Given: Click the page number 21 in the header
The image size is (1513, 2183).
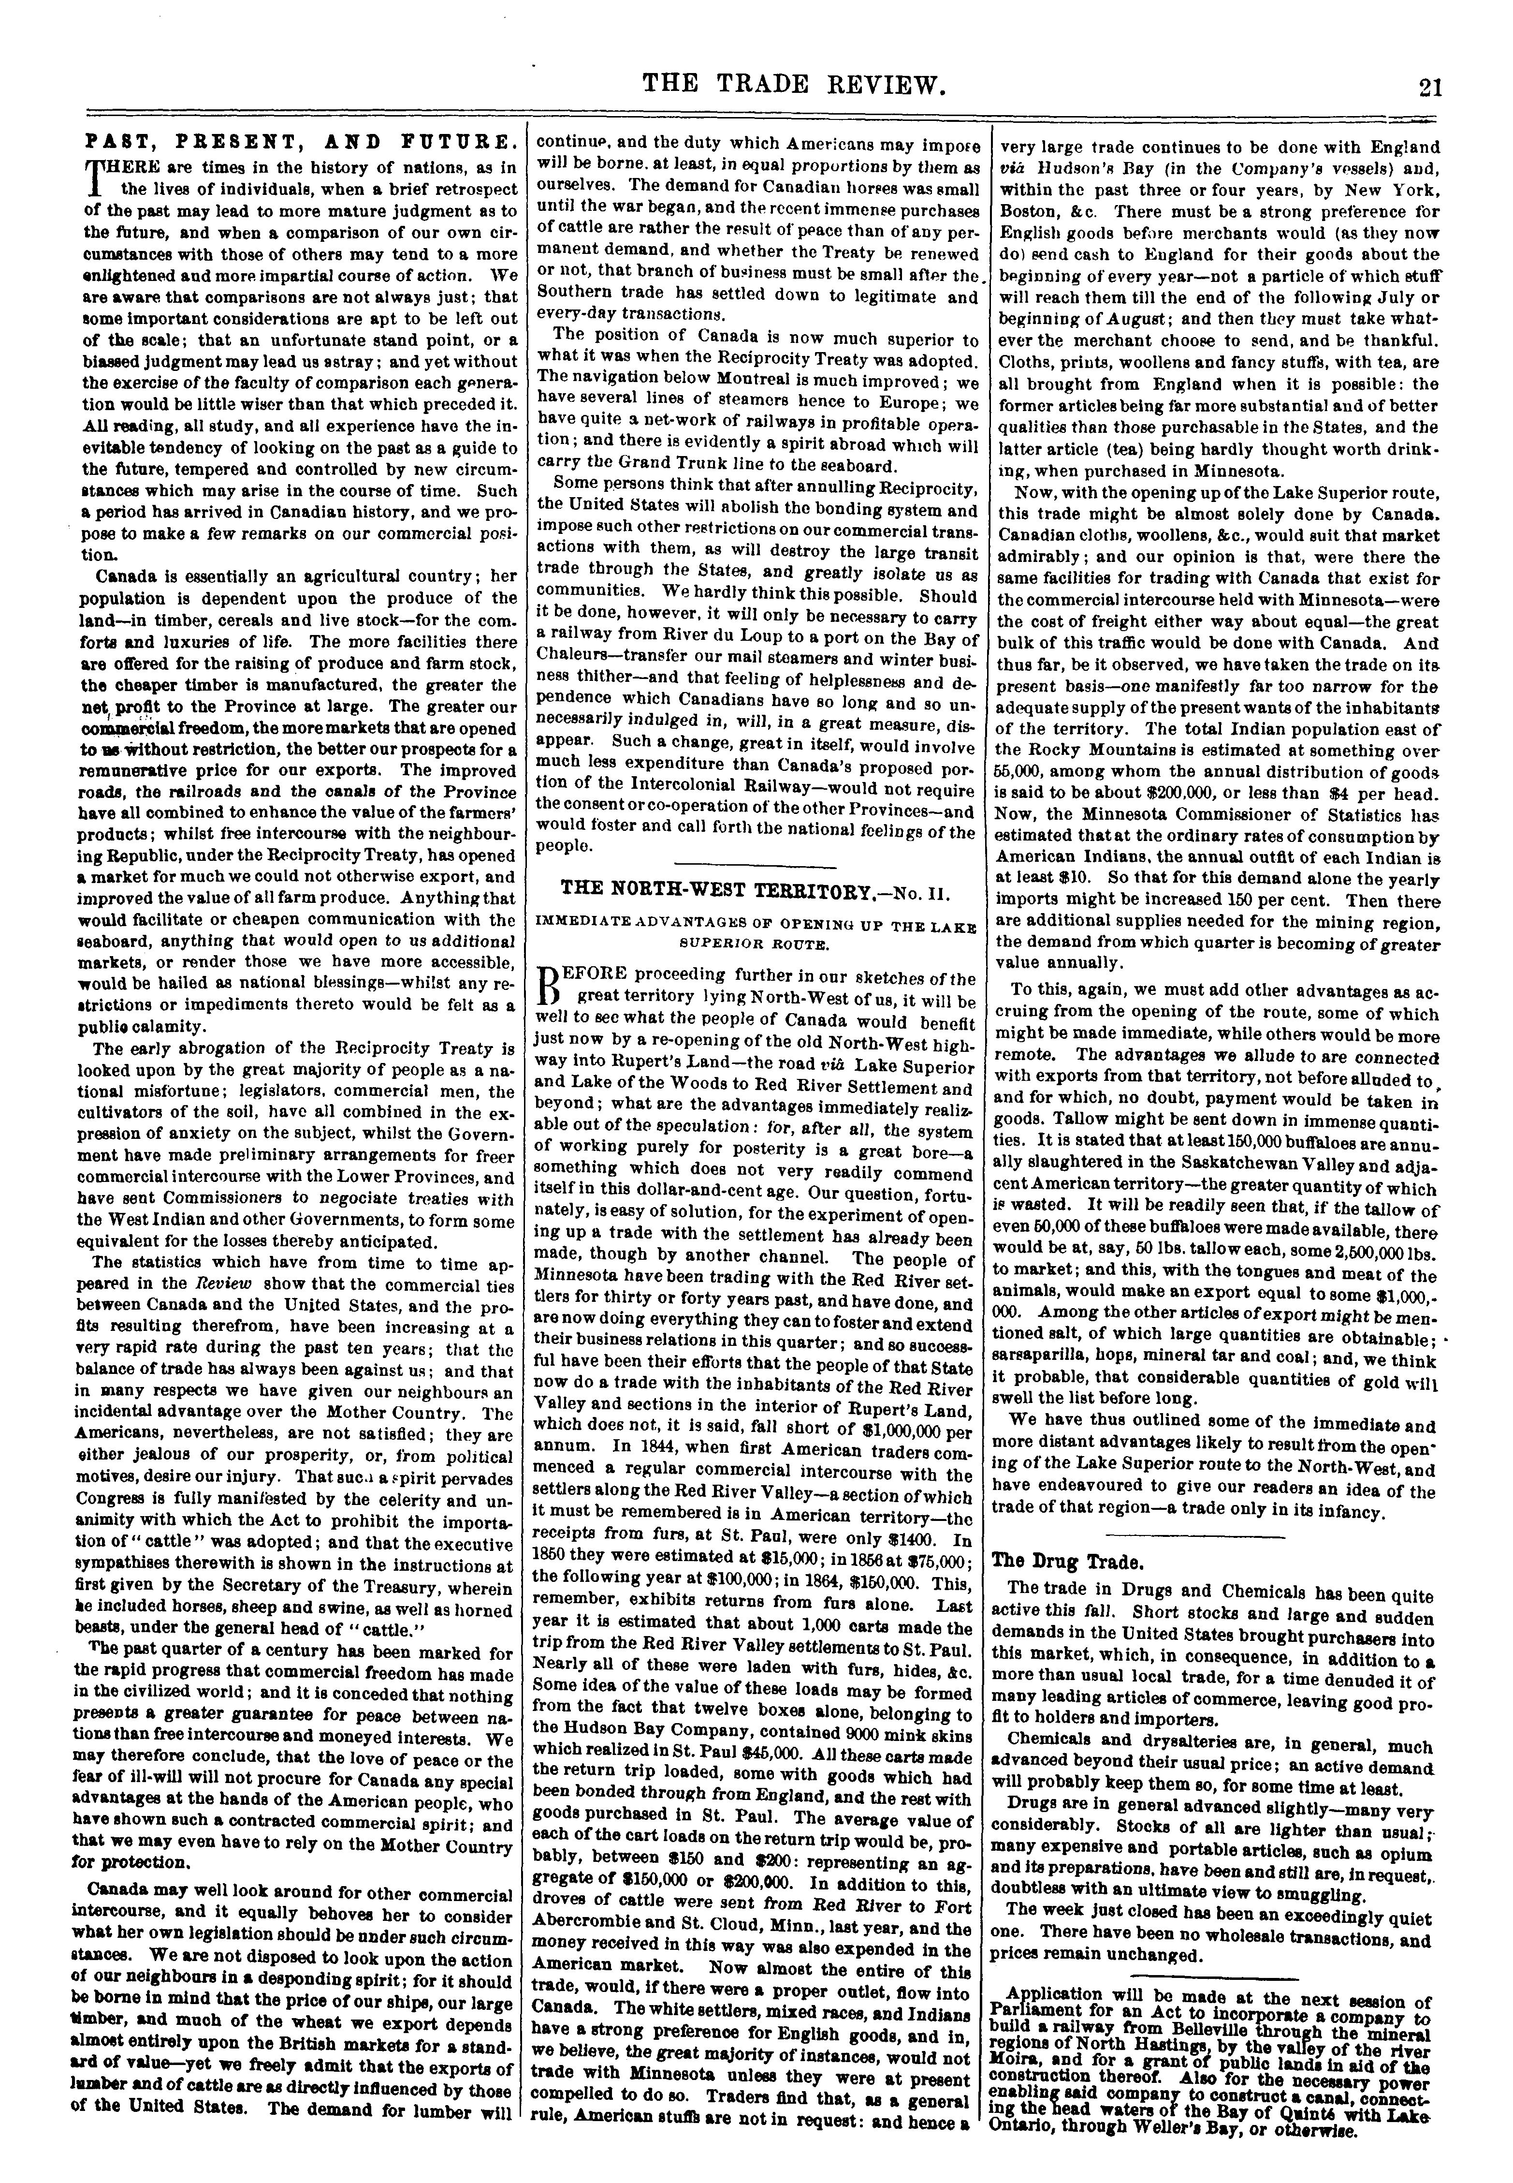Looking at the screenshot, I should click(x=1429, y=87).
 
